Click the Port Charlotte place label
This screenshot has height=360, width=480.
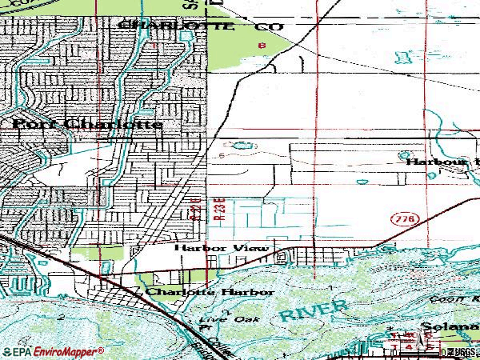(86, 125)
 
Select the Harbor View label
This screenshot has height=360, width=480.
(222, 248)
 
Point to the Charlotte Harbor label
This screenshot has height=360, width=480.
(210, 293)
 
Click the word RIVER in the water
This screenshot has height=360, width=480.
(314, 310)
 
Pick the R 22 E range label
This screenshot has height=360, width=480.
(195, 206)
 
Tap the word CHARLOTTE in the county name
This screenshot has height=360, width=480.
(176, 26)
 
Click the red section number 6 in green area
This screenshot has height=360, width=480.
(262, 45)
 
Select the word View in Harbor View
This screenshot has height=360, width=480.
(253, 248)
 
